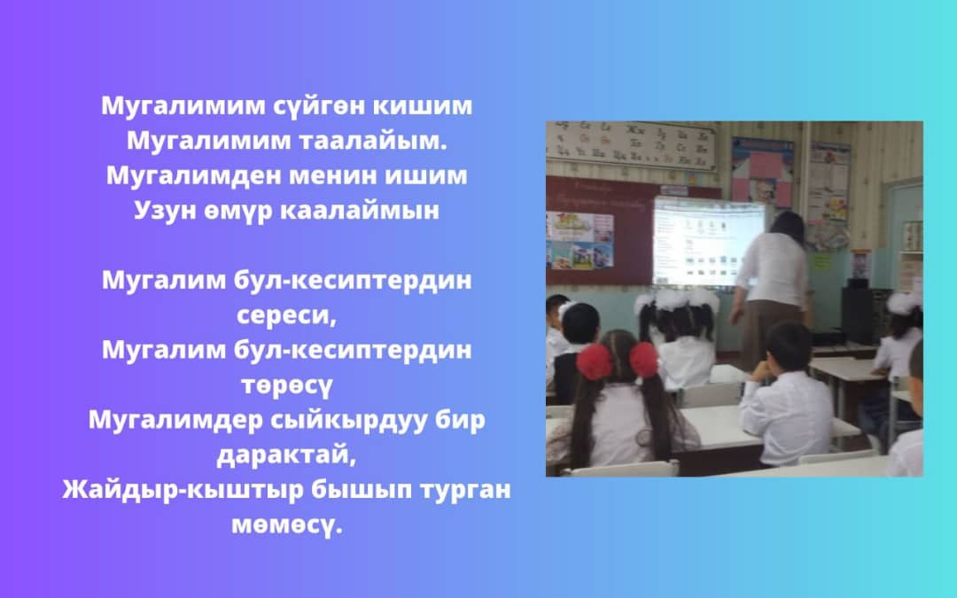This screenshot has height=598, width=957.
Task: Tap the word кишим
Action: point(423,105)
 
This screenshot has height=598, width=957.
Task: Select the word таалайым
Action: point(373,141)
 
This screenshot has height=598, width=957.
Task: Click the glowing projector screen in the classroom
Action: point(707,242)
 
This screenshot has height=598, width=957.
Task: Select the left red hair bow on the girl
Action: point(594,361)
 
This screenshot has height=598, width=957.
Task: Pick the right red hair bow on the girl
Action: point(644,360)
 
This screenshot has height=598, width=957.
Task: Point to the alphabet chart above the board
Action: point(630,144)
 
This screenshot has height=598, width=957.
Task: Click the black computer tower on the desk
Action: point(858,315)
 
